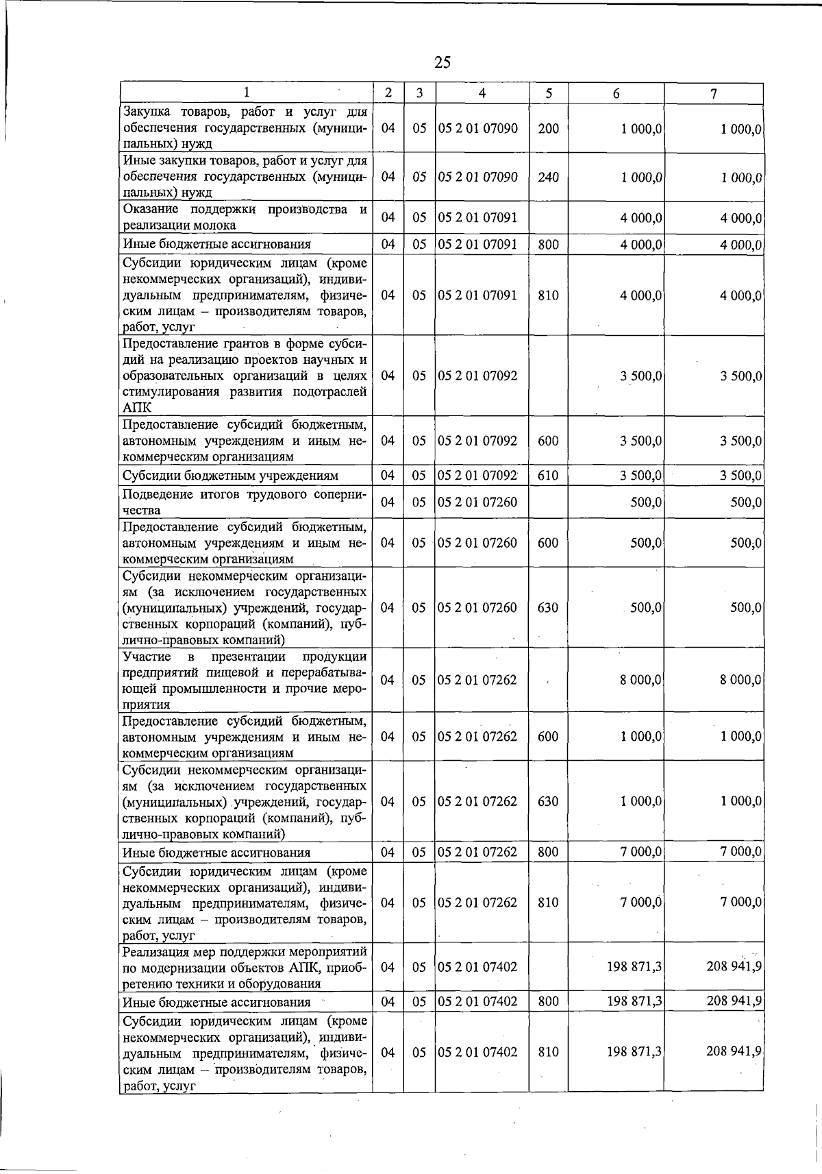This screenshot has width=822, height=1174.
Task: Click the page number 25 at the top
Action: pos(443,63)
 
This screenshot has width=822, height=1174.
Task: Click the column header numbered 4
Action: pos(482,93)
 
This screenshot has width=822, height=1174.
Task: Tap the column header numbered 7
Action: pos(713,93)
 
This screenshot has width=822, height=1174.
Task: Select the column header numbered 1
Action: pos(246,93)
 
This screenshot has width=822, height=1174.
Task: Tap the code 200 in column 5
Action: pos(548,128)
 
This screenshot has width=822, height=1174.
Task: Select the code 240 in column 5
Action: pos(548,177)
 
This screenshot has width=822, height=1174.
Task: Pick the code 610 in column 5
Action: pos(548,475)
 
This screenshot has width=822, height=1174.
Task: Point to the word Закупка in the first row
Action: pos(146,112)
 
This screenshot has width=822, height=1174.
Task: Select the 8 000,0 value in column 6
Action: pos(640,680)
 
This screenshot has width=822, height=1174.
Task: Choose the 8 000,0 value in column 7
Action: pos(740,680)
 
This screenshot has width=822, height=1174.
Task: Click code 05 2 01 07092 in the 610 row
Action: pos(477,475)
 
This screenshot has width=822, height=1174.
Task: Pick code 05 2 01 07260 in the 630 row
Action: pos(477,608)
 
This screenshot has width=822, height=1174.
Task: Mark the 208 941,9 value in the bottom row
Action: pos(734,1051)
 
